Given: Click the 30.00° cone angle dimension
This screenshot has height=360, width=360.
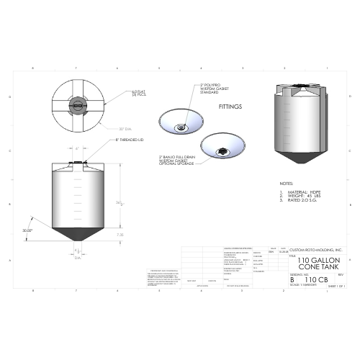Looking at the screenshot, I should click(x=28, y=230).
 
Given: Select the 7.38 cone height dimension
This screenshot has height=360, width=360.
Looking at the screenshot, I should click(x=120, y=234).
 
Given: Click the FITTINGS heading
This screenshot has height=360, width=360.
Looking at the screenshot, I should click(x=230, y=106).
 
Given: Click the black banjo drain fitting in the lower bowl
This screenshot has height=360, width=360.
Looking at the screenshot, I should click(x=223, y=150).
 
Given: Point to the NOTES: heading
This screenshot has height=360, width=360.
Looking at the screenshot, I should click(x=286, y=184).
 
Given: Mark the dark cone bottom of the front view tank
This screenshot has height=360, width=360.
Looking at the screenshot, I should click(x=78, y=234).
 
